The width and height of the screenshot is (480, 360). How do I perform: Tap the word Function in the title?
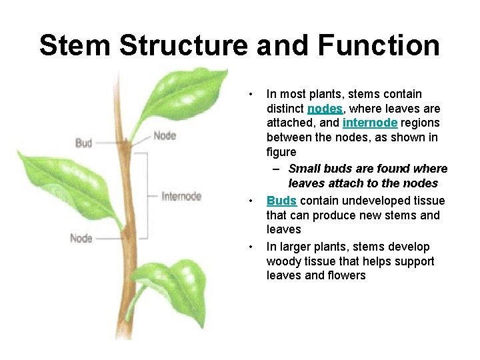[x=379, y=46]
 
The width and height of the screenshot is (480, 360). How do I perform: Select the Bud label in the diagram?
[x=84, y=143]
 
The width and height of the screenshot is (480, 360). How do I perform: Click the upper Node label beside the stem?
[x=165, y=136]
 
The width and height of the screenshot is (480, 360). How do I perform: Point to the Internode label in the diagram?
[x=181, y=196]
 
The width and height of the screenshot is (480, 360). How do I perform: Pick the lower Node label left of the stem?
[x=81, y=238]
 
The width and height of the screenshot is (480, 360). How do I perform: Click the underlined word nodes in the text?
[x=325, y=109]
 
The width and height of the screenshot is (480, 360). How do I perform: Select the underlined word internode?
[x=370, y=123]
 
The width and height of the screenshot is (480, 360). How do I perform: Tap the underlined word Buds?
[x=281, y=201]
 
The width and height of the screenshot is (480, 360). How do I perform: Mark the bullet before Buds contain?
[x=249, y=201]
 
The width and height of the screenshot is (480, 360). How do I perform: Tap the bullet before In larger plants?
[x=249, y=247]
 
